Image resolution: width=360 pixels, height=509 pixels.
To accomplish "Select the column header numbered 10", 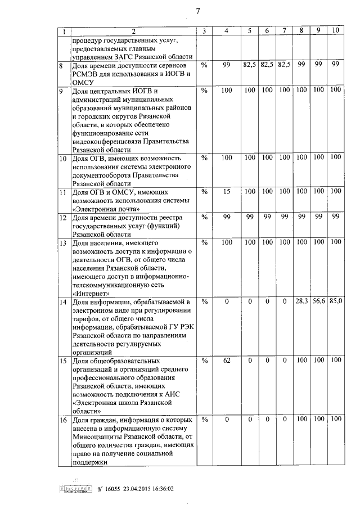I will coord(335,30).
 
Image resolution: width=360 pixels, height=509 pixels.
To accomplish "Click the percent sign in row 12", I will coord(204,217).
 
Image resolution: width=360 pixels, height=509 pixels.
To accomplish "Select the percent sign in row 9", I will coord(204,90).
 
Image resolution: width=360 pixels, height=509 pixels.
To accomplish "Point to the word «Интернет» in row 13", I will coord(92,293).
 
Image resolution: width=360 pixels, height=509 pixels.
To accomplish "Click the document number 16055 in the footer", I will coord(111,489).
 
